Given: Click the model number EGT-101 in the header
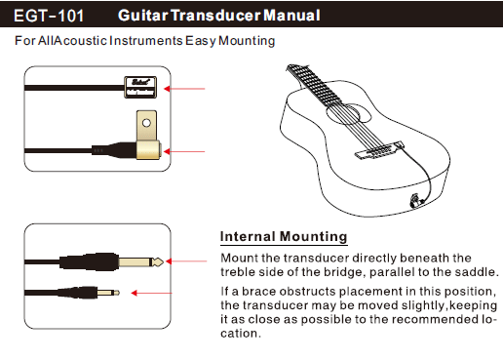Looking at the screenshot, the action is pos(49,16).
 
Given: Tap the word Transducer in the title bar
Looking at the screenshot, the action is pos(215,16).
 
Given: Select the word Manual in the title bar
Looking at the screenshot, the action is pos(291,16).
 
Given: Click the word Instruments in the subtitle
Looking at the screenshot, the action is pos(146,41).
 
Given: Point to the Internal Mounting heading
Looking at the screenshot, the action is pos(284,236).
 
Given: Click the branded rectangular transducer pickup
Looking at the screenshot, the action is pos(140,87).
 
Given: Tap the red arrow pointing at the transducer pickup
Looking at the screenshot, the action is pos(184,89).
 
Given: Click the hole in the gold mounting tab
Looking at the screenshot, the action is pos(146,123).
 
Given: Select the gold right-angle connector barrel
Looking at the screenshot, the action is pos(148,150).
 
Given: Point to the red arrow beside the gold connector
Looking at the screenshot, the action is pos(184,151).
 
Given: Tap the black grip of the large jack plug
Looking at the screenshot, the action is pos(89,261).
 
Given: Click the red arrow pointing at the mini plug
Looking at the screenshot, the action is pos(151,293).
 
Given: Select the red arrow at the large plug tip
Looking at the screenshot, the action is pos(186,261).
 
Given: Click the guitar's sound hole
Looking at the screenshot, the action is pos(348,114).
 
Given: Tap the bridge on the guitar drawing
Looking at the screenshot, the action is pos(378,151).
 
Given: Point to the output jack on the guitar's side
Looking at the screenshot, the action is pos(415,200).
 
